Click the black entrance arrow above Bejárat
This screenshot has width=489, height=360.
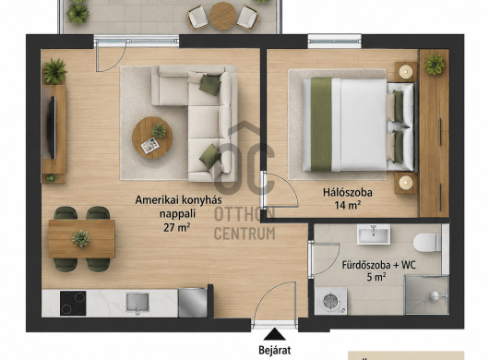(274, 334)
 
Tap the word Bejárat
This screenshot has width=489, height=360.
(274, 350)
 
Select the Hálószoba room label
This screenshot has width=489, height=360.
(348, 192)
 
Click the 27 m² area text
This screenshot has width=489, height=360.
(177, 228)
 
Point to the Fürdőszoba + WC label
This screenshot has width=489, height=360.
(379, 266)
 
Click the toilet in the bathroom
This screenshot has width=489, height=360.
(427, 243)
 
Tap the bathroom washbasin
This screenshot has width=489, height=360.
(374, 234)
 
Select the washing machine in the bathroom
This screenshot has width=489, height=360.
(330, 301)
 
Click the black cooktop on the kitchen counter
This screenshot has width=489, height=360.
(73, 303)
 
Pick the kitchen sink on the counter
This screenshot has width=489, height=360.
(137, 302)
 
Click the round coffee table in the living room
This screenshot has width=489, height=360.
(152, 138)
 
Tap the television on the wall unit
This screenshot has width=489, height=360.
(52, 127)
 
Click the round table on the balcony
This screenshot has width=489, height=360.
(222, 16)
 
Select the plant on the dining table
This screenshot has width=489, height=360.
(81, 239)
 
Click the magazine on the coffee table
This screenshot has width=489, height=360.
(150, 146)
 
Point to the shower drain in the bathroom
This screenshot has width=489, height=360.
(434, 296)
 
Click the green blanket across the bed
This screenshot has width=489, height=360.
(321, 125)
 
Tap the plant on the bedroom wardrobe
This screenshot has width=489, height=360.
(435, 65)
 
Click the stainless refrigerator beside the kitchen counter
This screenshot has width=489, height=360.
(193, 303)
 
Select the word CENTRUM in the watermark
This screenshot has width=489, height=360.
(244, 234)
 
